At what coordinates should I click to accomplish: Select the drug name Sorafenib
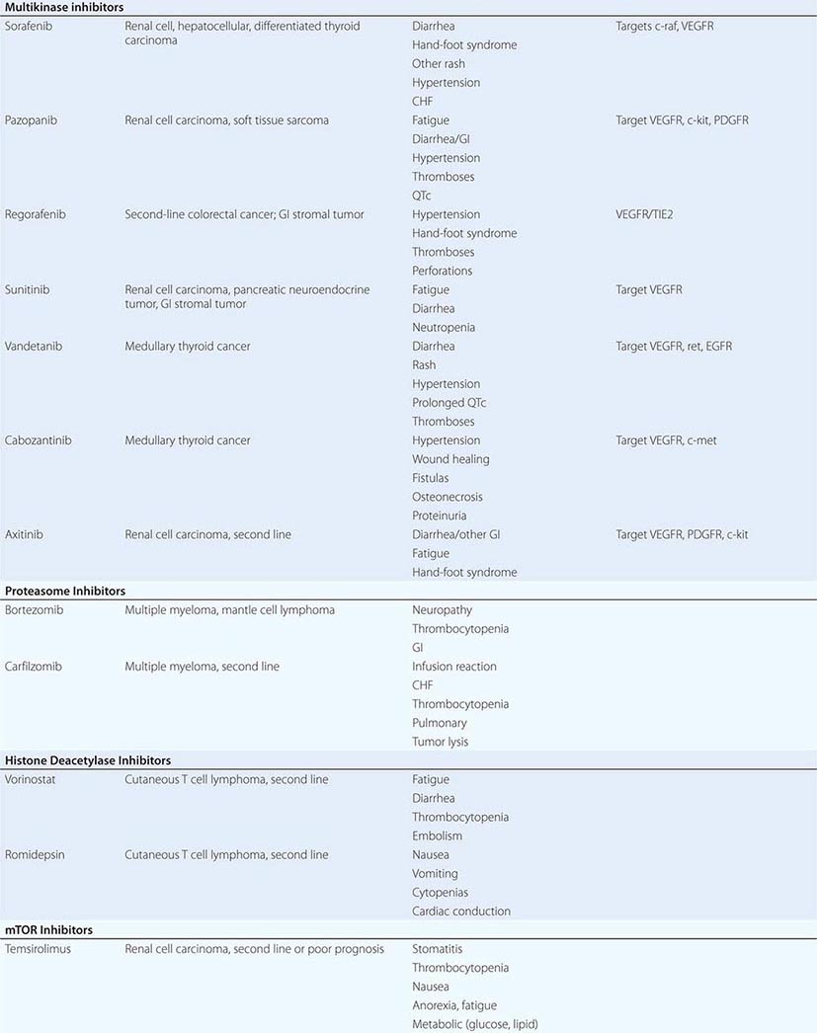(x=30, y=26)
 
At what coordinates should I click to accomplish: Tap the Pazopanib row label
(x=32, y=120)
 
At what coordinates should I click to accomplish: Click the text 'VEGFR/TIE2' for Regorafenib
(x=647, y=214)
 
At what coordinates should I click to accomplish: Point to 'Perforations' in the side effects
(x=442, y=271)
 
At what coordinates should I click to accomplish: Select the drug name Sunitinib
(x=30, y=289)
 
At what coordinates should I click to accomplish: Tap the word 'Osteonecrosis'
(x=448, y=497)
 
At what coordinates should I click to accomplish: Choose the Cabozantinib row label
(x=38, y=440)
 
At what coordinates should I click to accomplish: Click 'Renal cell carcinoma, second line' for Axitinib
(x=207, y=534)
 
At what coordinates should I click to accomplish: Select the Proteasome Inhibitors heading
(x=65, y=591)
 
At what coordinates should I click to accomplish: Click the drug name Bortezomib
(x=34, y=610)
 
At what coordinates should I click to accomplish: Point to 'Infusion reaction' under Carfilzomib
(x=454, y=667)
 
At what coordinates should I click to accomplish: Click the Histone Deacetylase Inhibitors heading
(x=88, y=760)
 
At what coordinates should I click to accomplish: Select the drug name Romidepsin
(x=35, y=855)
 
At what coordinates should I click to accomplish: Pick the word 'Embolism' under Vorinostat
(x=437, y=836)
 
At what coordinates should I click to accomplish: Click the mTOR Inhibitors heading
(x=48, y=930)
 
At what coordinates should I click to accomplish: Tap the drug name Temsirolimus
(x=38, y=949)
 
